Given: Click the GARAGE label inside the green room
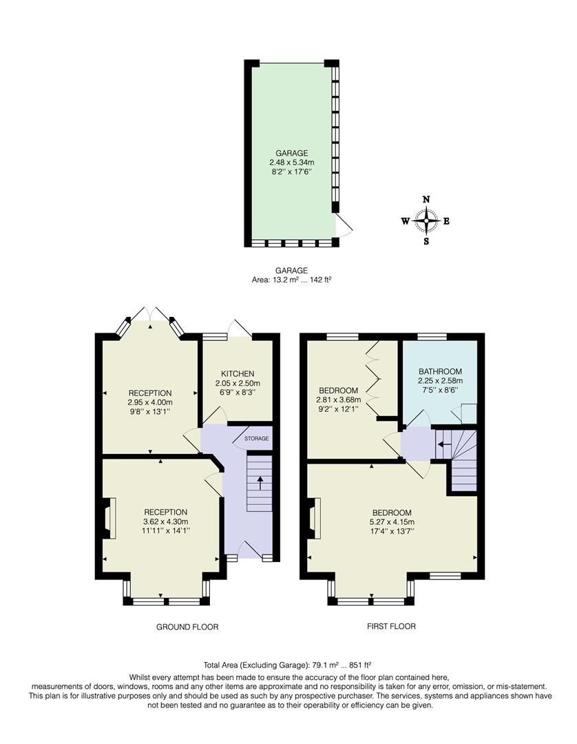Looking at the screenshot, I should (x=291, y=153).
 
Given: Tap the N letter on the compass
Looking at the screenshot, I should (x=426, y=199).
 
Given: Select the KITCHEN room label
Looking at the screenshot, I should (x=238, y=373).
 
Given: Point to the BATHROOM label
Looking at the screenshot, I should (x=440, y=371).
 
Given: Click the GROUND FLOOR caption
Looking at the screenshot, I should (x=187, y=627).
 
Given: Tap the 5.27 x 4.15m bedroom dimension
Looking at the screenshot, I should (x=392, y=522).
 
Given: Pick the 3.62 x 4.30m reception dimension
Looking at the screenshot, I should (x=165, y=521).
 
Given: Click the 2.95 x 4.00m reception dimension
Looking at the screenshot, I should (x=149, y=402).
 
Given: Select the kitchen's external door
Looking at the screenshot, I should (x=241, y=328).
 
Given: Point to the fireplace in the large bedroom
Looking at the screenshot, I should (x=315, y=519).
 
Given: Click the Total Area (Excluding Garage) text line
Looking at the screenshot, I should (x=288, y=665).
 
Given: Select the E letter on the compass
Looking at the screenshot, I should (x=446, y=221).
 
